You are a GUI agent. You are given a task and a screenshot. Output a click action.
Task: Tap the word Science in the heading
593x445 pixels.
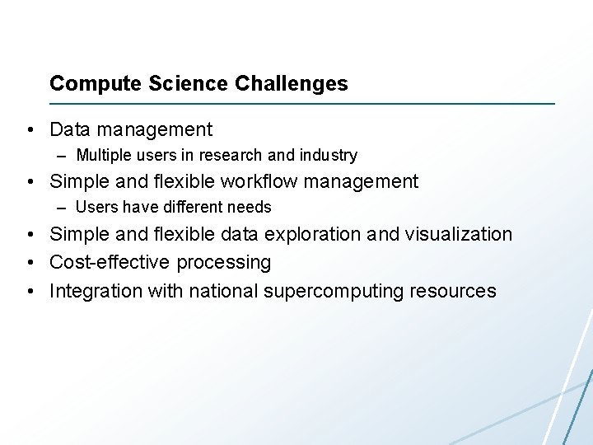(178, 84)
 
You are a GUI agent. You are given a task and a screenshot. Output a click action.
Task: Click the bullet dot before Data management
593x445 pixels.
(30, 130)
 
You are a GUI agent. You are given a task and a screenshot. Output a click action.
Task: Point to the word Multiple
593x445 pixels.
(102, 155)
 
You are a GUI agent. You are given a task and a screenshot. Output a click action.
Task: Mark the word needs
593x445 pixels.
(253, 207)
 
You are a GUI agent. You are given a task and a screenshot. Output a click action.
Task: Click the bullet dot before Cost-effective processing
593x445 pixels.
(30, 264)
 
